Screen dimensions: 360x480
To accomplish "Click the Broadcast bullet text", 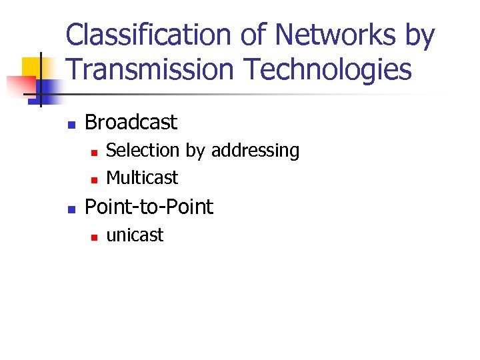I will pyautogui.click(x=131, y=122).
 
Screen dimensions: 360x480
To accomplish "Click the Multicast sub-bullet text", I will pyautogui.click(x=142, y=178).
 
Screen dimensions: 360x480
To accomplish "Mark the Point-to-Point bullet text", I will pyautogui.click(x=149, y=207).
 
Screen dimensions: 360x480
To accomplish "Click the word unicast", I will pyautogui.click(x=135, y=235).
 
